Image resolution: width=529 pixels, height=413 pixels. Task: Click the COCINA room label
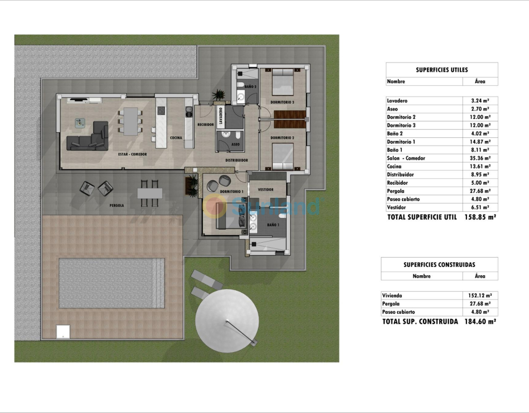tap(176, 137)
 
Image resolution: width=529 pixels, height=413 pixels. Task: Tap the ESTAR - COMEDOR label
tap(132, 154)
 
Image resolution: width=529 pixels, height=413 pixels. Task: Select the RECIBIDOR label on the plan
tap(206, 125)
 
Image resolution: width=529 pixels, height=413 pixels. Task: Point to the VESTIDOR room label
tap(266, 189)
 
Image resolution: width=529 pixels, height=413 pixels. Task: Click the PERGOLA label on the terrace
tap(117, 205)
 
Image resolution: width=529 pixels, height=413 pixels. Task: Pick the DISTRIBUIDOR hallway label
tap(237, 161)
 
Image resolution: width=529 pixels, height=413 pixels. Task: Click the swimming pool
tap(112, 283)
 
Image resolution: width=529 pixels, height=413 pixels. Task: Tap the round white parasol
tap(227, 321)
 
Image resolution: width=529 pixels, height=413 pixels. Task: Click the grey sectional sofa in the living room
tap(88, 136)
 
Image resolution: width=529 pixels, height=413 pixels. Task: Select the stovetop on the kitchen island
tap(161, 110)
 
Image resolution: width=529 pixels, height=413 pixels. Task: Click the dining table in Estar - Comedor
tap(131, 121)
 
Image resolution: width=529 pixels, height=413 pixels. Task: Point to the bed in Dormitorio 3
tap(283, 82)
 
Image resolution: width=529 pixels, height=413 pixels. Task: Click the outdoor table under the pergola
tap(150, 193)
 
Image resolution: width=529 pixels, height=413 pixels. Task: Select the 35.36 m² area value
tap(481, 158)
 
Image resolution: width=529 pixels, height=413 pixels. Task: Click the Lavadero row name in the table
tap(397, 101)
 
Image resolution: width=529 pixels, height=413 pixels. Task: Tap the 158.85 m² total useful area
tap(480, 217)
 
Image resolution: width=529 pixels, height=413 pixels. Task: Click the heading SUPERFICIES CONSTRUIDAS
tap(439, 265)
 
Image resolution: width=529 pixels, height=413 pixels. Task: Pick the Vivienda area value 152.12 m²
tap(479, 296)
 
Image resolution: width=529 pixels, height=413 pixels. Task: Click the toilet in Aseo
tap(238, 136)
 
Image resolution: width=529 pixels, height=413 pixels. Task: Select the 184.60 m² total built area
tap(480, 321)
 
